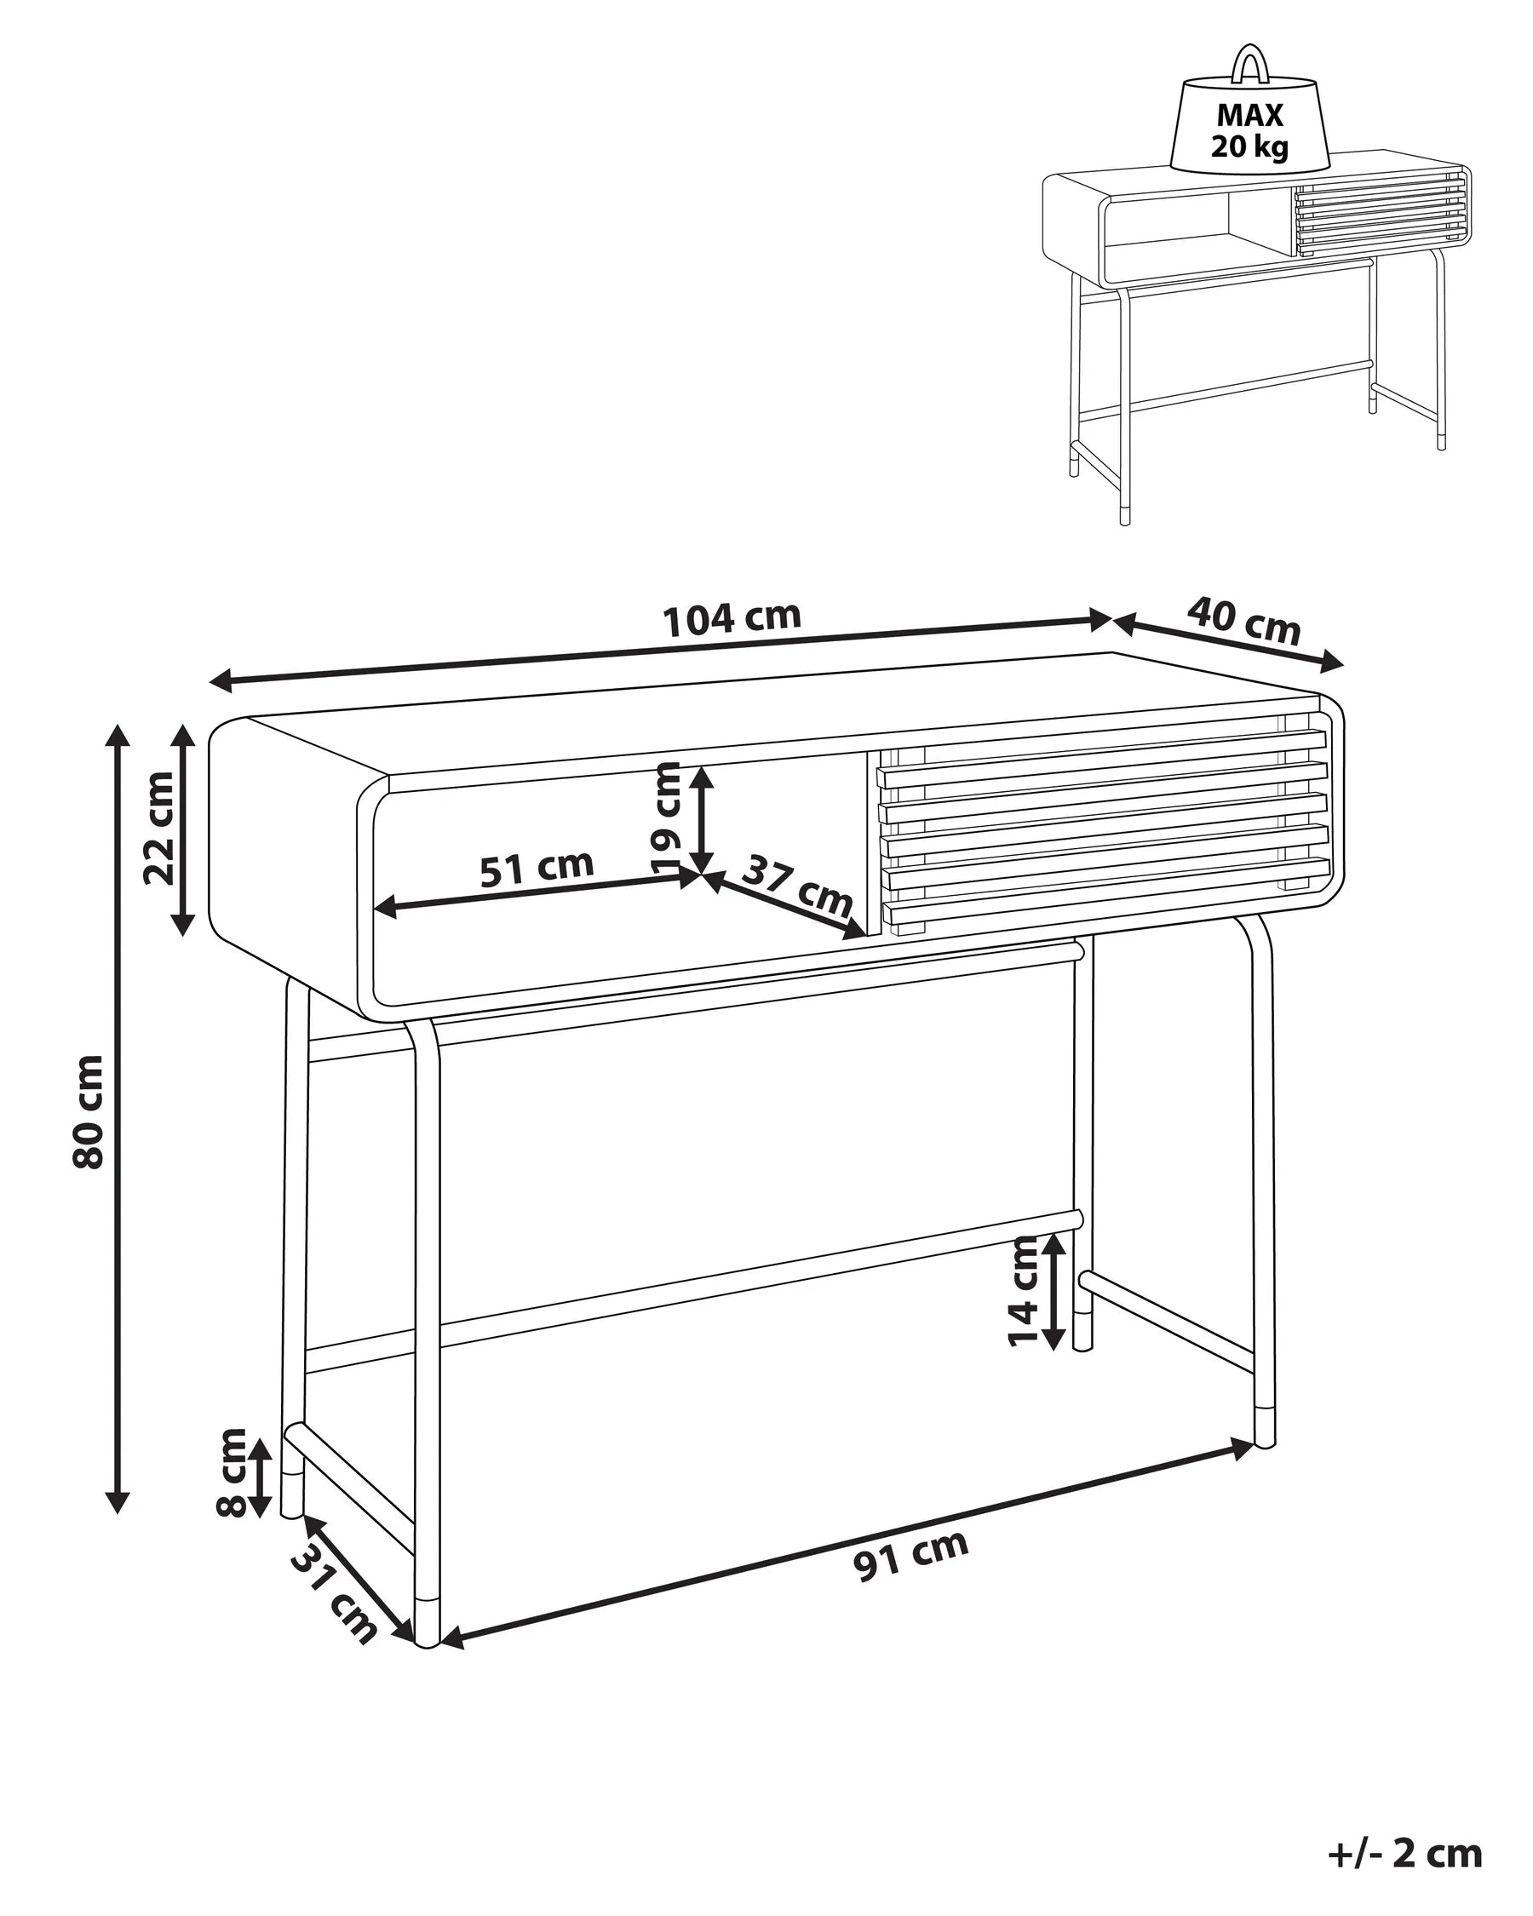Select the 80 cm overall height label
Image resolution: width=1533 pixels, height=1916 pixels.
coord(89,1110)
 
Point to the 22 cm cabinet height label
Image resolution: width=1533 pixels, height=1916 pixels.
coord(160,828)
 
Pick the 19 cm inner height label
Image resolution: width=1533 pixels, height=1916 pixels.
coord(667,817)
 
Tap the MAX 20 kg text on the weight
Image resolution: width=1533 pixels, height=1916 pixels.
coord(1249,129)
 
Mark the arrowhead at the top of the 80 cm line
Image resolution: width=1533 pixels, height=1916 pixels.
coord(118,734)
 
